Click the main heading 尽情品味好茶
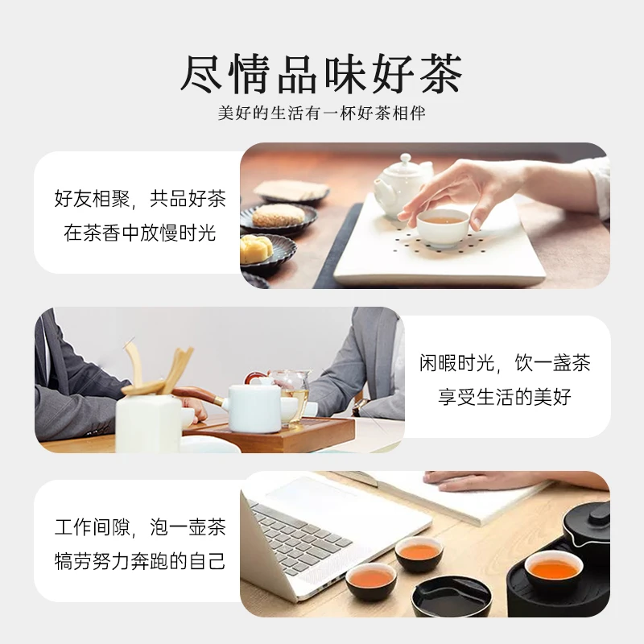point(321,74)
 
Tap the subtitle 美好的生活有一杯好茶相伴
point(321,114)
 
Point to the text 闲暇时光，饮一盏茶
point(505,362)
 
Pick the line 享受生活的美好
point(505,397)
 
